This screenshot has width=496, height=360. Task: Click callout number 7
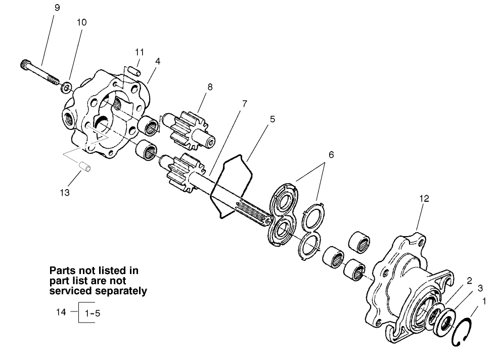pyautogui.click(x=244, y=103)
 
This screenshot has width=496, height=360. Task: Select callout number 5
pyautogui.click(x=272, y=119)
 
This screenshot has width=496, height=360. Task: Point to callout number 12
pyautogui.click(x=424, y=199)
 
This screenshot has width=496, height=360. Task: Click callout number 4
pyautogui.click(x=158, y=61)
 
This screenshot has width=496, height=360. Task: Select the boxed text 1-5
pyautogui.click(x=93, y=313)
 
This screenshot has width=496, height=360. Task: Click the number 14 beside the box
pyautogui.click(x=61, y=312)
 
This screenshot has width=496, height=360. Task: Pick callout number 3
pyautogui.click(x=480, y=287)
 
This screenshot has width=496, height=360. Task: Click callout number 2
pyautogui.click(x=469, y=280)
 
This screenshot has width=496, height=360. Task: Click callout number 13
pyautogui.click(x=66, y=193)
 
